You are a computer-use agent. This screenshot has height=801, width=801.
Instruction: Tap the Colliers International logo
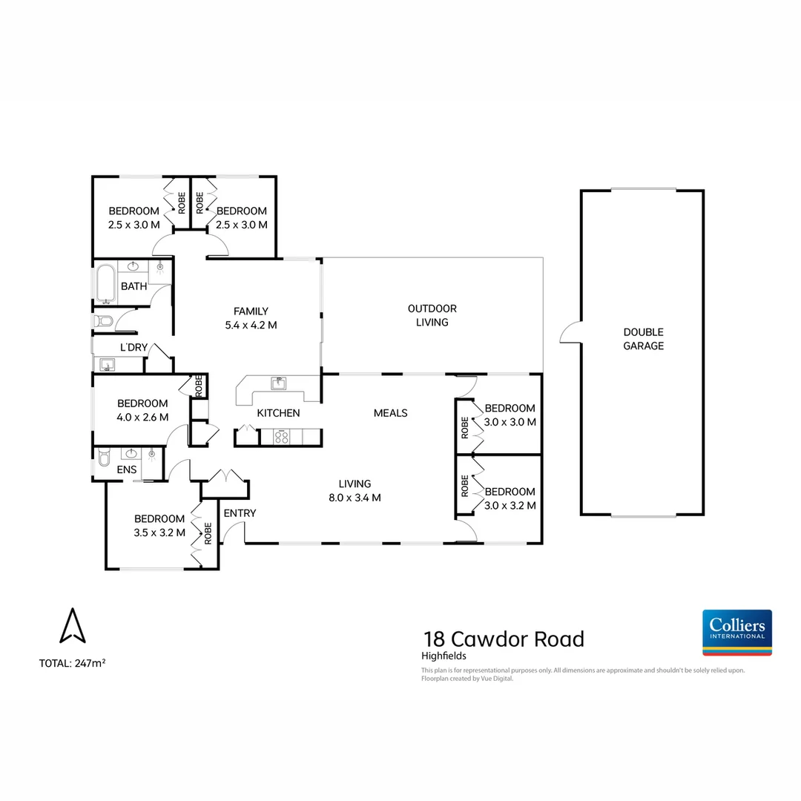click(x=736, y=632)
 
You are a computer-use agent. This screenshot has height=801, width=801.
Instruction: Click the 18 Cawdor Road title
click(x=504, y=639)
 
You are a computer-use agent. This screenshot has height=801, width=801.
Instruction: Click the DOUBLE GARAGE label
click(x=643, y=339)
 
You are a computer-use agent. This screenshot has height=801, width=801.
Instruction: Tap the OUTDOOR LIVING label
click(x=432, y=315)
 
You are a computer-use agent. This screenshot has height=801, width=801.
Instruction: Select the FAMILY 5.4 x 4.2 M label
click(x=251, y=317)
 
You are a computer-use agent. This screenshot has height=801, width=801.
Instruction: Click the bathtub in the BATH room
click(x=104, y=283)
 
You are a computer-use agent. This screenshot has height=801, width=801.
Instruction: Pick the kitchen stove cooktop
click(x=282, y=437)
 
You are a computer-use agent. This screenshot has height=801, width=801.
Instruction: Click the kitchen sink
click(x=279, y=383)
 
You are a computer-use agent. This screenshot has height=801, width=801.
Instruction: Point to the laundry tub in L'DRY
click(x=108, y=364)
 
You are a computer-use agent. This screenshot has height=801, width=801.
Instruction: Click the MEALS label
click(x=391, y=413)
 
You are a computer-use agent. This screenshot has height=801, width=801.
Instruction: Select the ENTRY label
click(x=240, y=513)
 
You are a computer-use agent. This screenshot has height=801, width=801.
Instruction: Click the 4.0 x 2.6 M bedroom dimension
click(x=143, y=417)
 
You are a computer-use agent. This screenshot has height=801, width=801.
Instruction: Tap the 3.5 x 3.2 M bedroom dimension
click(x=159, y=532)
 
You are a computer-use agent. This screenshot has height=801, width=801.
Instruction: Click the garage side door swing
click(x=570, y=334)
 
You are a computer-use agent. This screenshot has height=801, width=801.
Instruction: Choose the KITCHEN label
click(x=278, y=413)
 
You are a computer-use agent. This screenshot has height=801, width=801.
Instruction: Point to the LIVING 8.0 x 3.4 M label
click(x=355, y=490)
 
